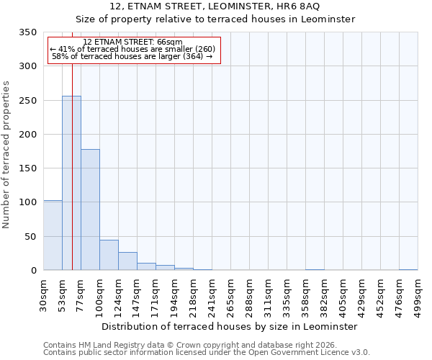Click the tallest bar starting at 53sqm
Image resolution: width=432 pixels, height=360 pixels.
(x=71, y=183)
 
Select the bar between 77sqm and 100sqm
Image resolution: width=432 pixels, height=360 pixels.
(x=90, y=210)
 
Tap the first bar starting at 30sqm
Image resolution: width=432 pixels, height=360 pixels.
(x=53, y=235)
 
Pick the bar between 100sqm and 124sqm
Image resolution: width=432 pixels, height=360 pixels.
(x=109, y=255)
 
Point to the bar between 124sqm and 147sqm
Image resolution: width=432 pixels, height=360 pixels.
(x=127, y=261)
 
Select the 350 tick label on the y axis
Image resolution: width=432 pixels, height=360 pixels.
(x=27, y=32)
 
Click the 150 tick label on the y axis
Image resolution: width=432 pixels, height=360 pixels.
(x=27, y=168)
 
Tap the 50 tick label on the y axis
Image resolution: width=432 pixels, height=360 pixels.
(x=30, y=236)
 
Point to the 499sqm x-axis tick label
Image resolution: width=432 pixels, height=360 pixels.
(x=418, y=295)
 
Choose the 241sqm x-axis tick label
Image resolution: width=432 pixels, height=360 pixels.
(x=212, y=295)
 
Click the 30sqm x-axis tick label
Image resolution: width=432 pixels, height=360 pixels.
(x=43, y=295)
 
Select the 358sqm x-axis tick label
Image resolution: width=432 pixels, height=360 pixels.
(x=305, y=295)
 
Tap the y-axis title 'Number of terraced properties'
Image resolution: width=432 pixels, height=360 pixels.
(x=6, y=155)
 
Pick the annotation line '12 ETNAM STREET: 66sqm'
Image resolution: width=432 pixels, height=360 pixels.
(x=133, y=42)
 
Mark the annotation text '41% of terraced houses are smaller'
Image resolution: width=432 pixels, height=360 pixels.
(x=133, y=49)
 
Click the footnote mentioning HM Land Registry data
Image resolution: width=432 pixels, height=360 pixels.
(x=194, y=345)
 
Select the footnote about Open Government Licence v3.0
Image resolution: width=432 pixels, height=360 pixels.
(x=207, y=353)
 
